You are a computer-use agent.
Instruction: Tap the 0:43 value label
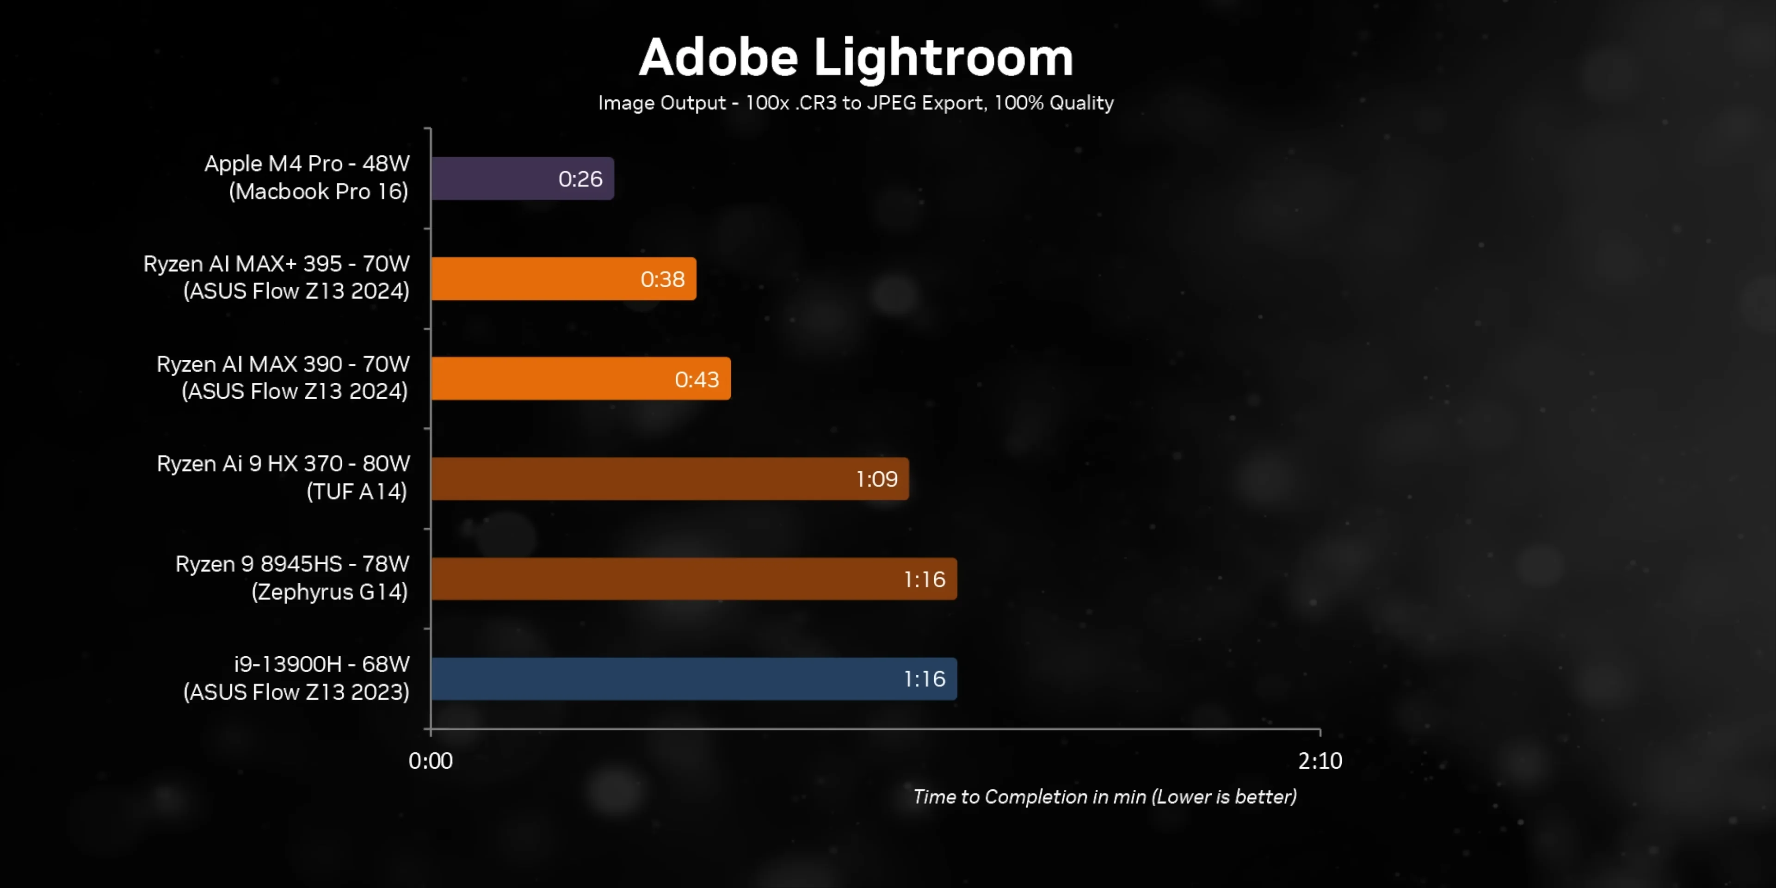(697, 379)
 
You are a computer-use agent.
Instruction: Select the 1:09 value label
(876, 479)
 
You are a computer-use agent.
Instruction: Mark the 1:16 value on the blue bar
(924, 679)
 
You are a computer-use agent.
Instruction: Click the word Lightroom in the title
(943, 58)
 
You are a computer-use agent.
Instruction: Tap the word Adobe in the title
(718, 58)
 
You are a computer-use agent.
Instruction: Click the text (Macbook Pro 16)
(319, 191)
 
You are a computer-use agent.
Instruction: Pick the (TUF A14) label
(357, 492)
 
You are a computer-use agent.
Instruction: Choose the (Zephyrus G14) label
(330, 592)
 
